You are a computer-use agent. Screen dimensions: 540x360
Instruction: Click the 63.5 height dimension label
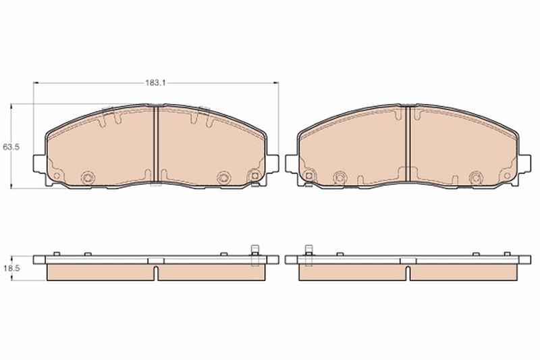(x=11, y=147)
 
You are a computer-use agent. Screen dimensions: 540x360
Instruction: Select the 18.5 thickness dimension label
(x=11, y=267)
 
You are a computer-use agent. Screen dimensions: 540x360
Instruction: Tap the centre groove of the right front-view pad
(x=408, y=143)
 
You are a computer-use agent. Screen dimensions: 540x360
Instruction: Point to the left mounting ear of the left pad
(x=39, y=163)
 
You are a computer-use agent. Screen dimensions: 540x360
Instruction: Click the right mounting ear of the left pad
(x=272, y=163)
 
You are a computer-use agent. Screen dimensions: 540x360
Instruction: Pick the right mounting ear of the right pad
(x=524, y=163)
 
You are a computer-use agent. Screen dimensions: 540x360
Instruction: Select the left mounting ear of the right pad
(x=292, y=163)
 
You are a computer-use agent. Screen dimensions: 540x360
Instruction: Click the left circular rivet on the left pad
(x=87, y=178)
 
